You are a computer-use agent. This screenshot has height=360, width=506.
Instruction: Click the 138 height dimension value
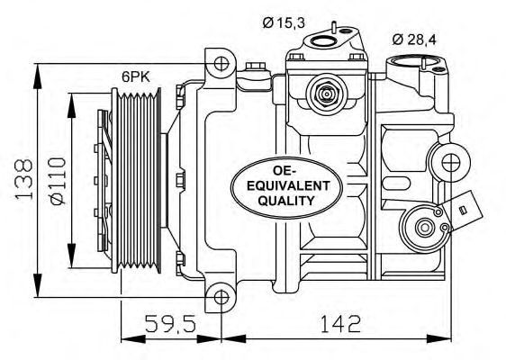(x=23, y=178)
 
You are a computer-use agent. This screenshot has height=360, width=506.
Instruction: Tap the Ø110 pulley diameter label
(x=59, y=181)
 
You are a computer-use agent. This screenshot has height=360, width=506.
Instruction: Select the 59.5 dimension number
(x=170, y=323)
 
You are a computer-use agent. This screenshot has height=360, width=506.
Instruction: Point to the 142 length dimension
(x=340, y=323)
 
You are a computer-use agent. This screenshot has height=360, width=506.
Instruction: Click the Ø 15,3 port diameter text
(x=284, y=22)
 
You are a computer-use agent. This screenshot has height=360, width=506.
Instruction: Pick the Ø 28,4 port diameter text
(x=414, y=40)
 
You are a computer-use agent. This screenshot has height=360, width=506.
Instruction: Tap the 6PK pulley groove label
(x=136, y=76)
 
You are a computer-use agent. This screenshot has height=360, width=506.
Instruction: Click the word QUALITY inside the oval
(x=286, y=201)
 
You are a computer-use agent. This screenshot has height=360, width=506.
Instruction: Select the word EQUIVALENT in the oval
(x=288, y=185)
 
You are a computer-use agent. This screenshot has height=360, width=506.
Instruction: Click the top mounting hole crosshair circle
(x=221, y=64)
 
